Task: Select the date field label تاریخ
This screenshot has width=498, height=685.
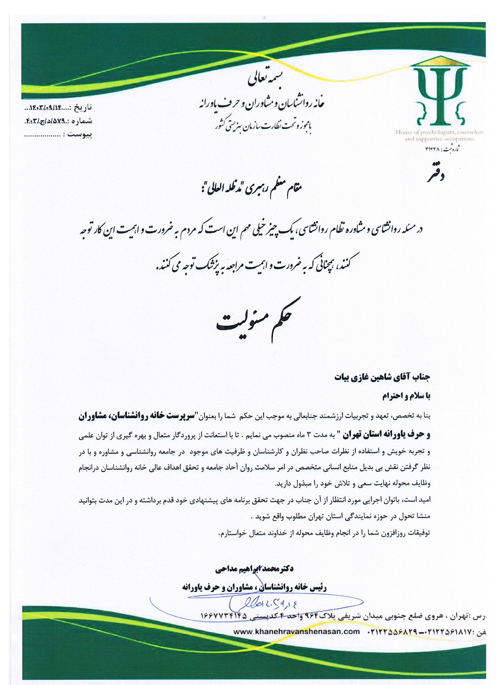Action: [83, 107]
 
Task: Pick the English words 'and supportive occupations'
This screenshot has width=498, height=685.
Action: [439, 139]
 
